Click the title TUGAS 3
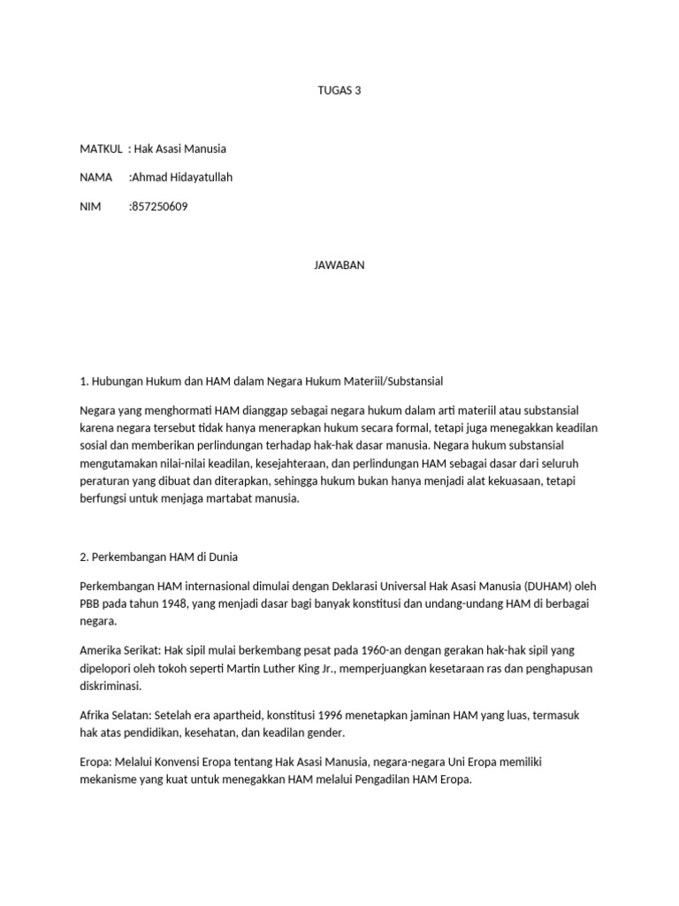[339, 90]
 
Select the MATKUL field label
[100, 149]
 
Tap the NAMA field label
[95, 178]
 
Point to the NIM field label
[90, 207]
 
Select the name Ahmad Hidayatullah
[181, 178]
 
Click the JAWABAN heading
[339, 265]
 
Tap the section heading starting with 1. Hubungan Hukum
[261, 381]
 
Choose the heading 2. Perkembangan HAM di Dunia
[158, 557]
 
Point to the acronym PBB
[92, 603]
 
